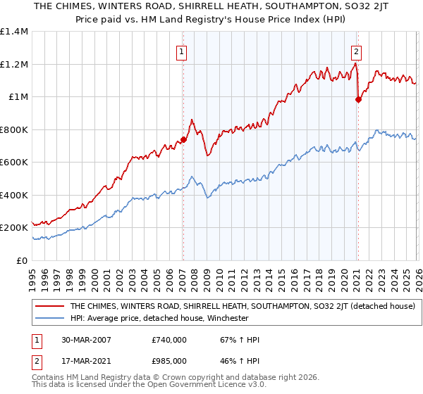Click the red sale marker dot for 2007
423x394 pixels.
pos(183,139)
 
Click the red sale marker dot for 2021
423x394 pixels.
pos(357,99)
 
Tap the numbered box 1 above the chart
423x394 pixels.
pos(182,51)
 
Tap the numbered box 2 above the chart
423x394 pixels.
pos(356,51)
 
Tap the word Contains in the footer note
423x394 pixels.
pos(49,379)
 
